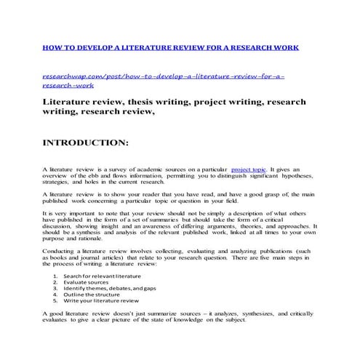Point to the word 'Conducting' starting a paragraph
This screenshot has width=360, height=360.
[58, 249]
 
